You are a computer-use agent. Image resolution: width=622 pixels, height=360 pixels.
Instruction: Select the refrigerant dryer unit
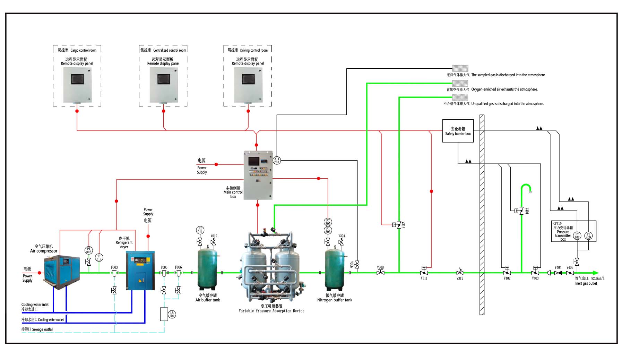click(x=140, y=271)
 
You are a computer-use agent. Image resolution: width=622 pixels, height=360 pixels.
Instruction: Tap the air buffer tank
click(x=207, y=268)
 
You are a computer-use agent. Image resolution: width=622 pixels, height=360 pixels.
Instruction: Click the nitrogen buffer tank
click(x=335, y=269)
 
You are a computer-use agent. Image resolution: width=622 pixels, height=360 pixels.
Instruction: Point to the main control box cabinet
click(x=258, y=175)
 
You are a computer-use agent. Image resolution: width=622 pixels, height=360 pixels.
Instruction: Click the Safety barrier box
click(x=458, y=131)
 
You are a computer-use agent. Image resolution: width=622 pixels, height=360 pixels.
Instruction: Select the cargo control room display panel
click(x=77, y=85)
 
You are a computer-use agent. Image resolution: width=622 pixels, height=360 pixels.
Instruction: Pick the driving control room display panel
click(x=248, y=85)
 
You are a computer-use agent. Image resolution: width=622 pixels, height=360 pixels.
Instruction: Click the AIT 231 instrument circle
click(x=277, y=161)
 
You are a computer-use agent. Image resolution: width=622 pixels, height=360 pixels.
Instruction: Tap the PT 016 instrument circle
click(x=89, y=250)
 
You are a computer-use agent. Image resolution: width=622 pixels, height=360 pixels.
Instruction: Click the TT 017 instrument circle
click(x=99, y=258)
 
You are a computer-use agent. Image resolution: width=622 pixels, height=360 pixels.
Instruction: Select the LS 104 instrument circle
click(x=172, y=315)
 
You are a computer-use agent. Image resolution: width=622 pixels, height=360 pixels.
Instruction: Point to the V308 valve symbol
click(x=380, y=273)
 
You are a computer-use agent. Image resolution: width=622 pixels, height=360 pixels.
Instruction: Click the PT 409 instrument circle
click(x=588, y=236)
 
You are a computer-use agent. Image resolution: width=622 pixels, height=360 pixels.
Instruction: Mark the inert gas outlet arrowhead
click(x=596, y=273)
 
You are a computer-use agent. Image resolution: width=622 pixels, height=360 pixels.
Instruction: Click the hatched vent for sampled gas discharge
click(x=460, y=69)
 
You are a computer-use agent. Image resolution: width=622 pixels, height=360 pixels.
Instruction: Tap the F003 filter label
click(x=114, y=267)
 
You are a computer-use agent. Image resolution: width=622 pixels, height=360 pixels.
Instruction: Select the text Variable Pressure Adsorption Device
click(x=271, y=311)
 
